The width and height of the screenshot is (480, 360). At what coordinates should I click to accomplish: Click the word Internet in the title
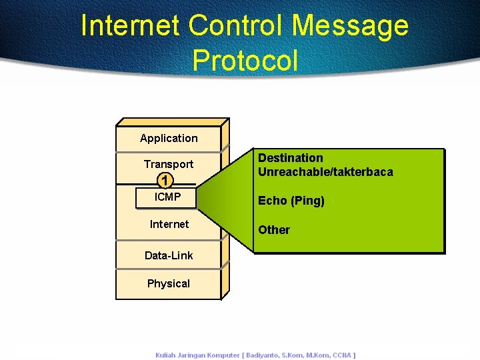pyautogui.click(x=131, y=26)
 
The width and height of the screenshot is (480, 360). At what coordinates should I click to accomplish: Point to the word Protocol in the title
pyautogui.click(x=245, y=60)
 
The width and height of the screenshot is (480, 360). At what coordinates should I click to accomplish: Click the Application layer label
pyautogui.click(x=169, y=138)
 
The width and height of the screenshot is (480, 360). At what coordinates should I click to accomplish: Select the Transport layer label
pyautogui.click(x=169, y=164)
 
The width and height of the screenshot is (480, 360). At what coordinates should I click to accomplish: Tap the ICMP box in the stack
pyautogui.click(x=167, y=197)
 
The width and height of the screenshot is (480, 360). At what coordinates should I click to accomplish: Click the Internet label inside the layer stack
pyautogui.click(x=169, y=224)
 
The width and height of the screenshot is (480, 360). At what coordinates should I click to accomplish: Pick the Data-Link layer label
pyautogui.click(x=169, y=255)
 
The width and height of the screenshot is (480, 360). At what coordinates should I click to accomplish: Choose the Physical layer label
pyautogui.click(x=169, y=283)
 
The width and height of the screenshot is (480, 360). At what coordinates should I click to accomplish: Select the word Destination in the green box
pyautogui.click(x=291, y=158)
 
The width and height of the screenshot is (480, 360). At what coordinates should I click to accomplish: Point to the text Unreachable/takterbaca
pyautogui.click(x=325, y=172)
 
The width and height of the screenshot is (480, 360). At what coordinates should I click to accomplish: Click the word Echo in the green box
pyautogui.click(x=272, y=201)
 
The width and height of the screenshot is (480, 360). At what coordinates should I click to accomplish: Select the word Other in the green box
pyautogui.click(x=274, y=230)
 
